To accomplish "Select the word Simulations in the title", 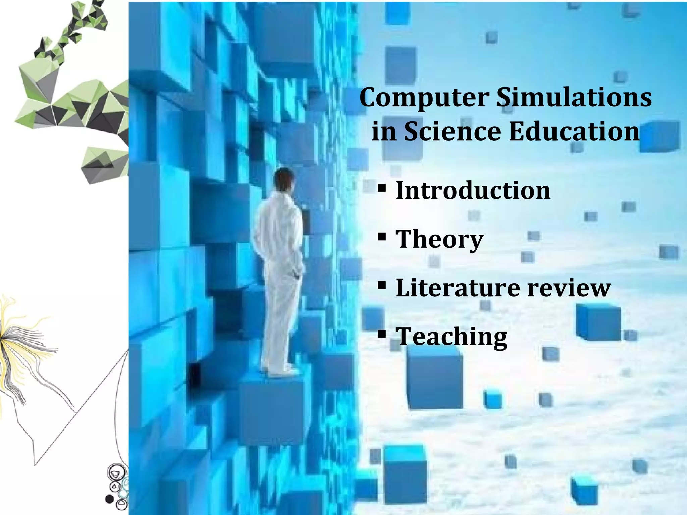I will pyautogui.click(x=574, y=98).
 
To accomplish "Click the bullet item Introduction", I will pyautogui.click(x=473, y=190).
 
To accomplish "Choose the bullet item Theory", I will pyautogui.click(x=439, y=239).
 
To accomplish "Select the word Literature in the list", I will pyautogui.click(x=458, y=288).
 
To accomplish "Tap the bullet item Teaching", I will pyautogui.click(x=452, y=337).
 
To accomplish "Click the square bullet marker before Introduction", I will pyautogui.click(x=382, y=188).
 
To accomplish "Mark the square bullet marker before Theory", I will pyautogui.click(x=382, y=237).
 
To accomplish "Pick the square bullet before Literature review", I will pyautogui.click(x=382, y=286).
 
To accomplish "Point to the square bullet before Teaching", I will pyautogui.click(x=382, y=334).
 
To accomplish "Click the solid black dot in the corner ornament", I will pyautogui.click(x=109, y=499).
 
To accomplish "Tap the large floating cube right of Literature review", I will pyautogui.click(x=598, y=322).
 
